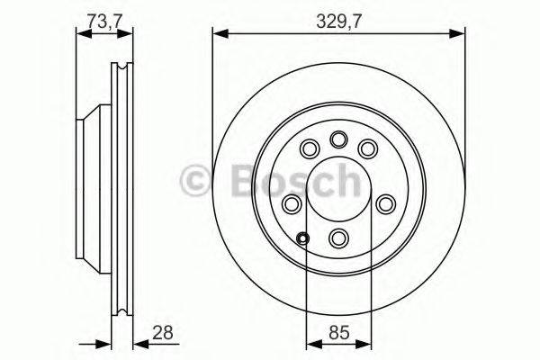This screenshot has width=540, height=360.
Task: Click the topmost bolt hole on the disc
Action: point(339,139)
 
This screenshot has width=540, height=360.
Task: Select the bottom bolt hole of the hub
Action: point(339,238)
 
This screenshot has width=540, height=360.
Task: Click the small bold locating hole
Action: point(302,238)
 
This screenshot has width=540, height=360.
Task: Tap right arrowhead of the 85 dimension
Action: point(367,342)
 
